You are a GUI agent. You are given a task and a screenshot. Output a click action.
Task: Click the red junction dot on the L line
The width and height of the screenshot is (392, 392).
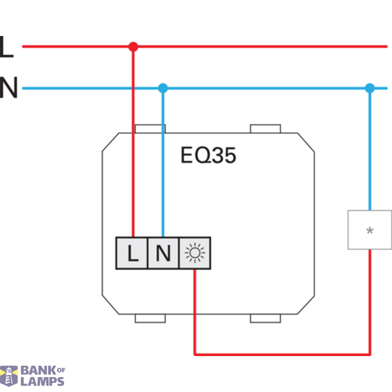click(133, 47)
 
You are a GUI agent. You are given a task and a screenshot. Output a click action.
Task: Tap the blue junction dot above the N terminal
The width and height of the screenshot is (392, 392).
click(163, 88)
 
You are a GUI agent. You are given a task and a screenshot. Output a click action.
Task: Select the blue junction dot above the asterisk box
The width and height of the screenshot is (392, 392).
click(370, 88)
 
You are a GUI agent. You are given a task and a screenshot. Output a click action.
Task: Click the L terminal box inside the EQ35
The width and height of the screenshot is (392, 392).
click(132, 253)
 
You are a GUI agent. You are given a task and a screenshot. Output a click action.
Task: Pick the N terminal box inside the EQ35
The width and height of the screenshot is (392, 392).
click(163, 253)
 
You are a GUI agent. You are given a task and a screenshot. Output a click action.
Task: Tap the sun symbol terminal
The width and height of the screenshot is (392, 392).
click(195, 253)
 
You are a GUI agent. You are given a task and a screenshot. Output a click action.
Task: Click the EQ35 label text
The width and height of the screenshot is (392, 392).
click(208, 155)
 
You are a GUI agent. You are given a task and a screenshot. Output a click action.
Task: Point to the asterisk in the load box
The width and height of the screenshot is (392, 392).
click(370, 231)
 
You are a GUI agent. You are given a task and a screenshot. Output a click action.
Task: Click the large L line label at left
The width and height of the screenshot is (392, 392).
click(7, 47)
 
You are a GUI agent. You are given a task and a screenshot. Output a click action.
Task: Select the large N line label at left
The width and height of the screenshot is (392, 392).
click(8, 88)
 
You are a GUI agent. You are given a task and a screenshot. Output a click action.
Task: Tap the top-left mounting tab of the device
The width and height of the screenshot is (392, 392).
click(150, 129)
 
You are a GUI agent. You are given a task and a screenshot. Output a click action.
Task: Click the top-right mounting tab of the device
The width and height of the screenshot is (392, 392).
click(265, 129)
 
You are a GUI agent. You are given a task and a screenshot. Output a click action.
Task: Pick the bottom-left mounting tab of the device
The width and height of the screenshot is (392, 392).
click(150, 318)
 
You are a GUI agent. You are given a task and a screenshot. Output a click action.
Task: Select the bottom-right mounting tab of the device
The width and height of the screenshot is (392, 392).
click(265, 318)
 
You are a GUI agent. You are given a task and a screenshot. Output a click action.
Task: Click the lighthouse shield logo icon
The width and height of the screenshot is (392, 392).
click(8, 376)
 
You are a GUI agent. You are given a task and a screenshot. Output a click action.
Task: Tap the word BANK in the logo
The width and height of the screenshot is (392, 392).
click(39, 370)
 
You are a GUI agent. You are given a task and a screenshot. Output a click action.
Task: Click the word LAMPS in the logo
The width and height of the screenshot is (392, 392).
click(42, 382)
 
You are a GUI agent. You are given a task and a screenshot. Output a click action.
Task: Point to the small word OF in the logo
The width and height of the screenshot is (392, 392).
click(61, 370)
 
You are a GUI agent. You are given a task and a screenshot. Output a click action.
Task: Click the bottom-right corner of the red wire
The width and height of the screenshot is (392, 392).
click(370, 354)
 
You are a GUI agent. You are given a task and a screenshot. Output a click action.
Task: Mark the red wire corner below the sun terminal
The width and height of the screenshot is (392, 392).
click(195, 354)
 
